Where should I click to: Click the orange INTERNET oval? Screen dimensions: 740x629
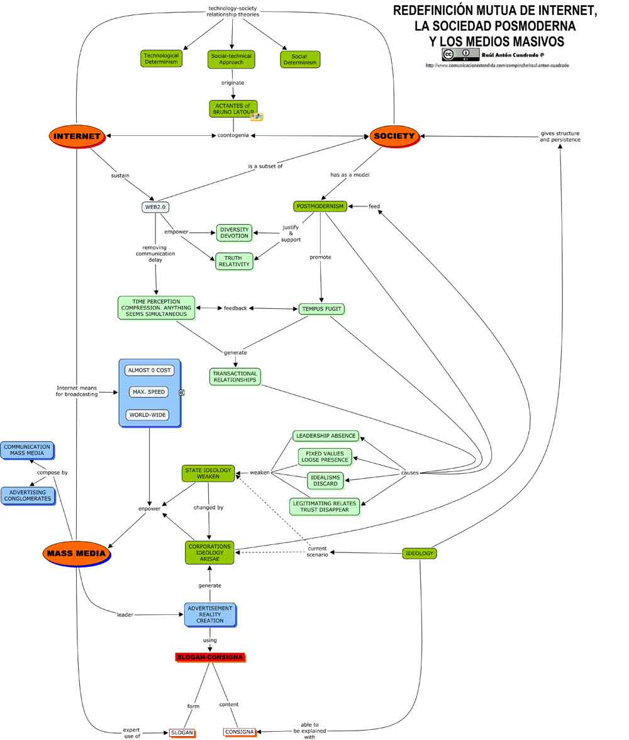76,136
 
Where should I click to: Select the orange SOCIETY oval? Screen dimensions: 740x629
394,136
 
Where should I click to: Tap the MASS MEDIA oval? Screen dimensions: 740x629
77,554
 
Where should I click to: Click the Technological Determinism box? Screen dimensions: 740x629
161,59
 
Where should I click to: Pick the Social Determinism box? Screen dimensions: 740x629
300,59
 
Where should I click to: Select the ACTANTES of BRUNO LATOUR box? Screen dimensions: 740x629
233,109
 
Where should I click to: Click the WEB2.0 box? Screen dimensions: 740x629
155,207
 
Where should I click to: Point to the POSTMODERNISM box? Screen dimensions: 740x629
320,206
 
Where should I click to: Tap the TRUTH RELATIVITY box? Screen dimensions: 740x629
234,261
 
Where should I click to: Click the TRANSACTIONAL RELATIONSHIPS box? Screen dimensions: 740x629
235,376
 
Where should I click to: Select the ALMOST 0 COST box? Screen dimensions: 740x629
149,370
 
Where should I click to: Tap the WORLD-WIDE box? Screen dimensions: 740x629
147,415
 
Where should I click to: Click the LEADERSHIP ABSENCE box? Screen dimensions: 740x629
326,435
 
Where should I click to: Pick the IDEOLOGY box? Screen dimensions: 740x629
419,553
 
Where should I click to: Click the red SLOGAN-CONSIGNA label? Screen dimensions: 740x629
209,657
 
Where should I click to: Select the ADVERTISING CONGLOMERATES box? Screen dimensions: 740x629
27,495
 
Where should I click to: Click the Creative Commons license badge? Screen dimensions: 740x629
460,55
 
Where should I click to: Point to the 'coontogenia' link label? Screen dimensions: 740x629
233,135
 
